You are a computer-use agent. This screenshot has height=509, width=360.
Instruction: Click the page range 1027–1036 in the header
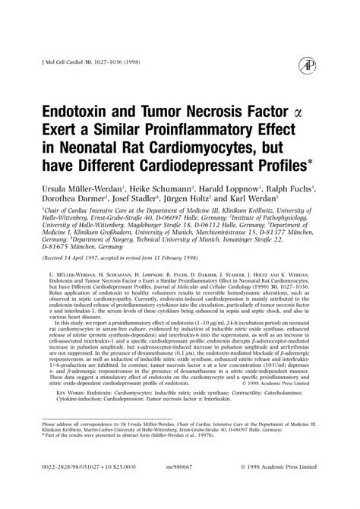click(115, 61)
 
